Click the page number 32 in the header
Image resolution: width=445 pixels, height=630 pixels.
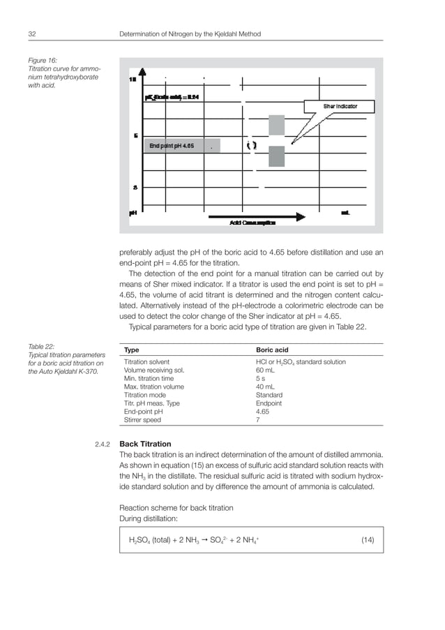pyautogui.click(x=32, y=33)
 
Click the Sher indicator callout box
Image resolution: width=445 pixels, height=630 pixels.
pyautogui.click(x=340, y=106)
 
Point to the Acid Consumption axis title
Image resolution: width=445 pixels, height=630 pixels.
pyautogui.click(x=252, y=223)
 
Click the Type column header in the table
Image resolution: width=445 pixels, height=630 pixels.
pyautogui.click(x=131, y=350)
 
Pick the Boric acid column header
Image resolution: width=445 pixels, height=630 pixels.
pyautogui.click(x=273, y=350)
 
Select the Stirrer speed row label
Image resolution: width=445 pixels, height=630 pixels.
pyautogui.click(x=142, y=420)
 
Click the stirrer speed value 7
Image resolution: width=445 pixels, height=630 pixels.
pyautogui.click(x=259, y=420)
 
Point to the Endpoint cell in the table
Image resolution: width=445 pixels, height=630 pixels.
pyautogui.click(x=269, y=403)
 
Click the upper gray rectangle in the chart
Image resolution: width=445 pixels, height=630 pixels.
pyautogui.click(x=276, y=125)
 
